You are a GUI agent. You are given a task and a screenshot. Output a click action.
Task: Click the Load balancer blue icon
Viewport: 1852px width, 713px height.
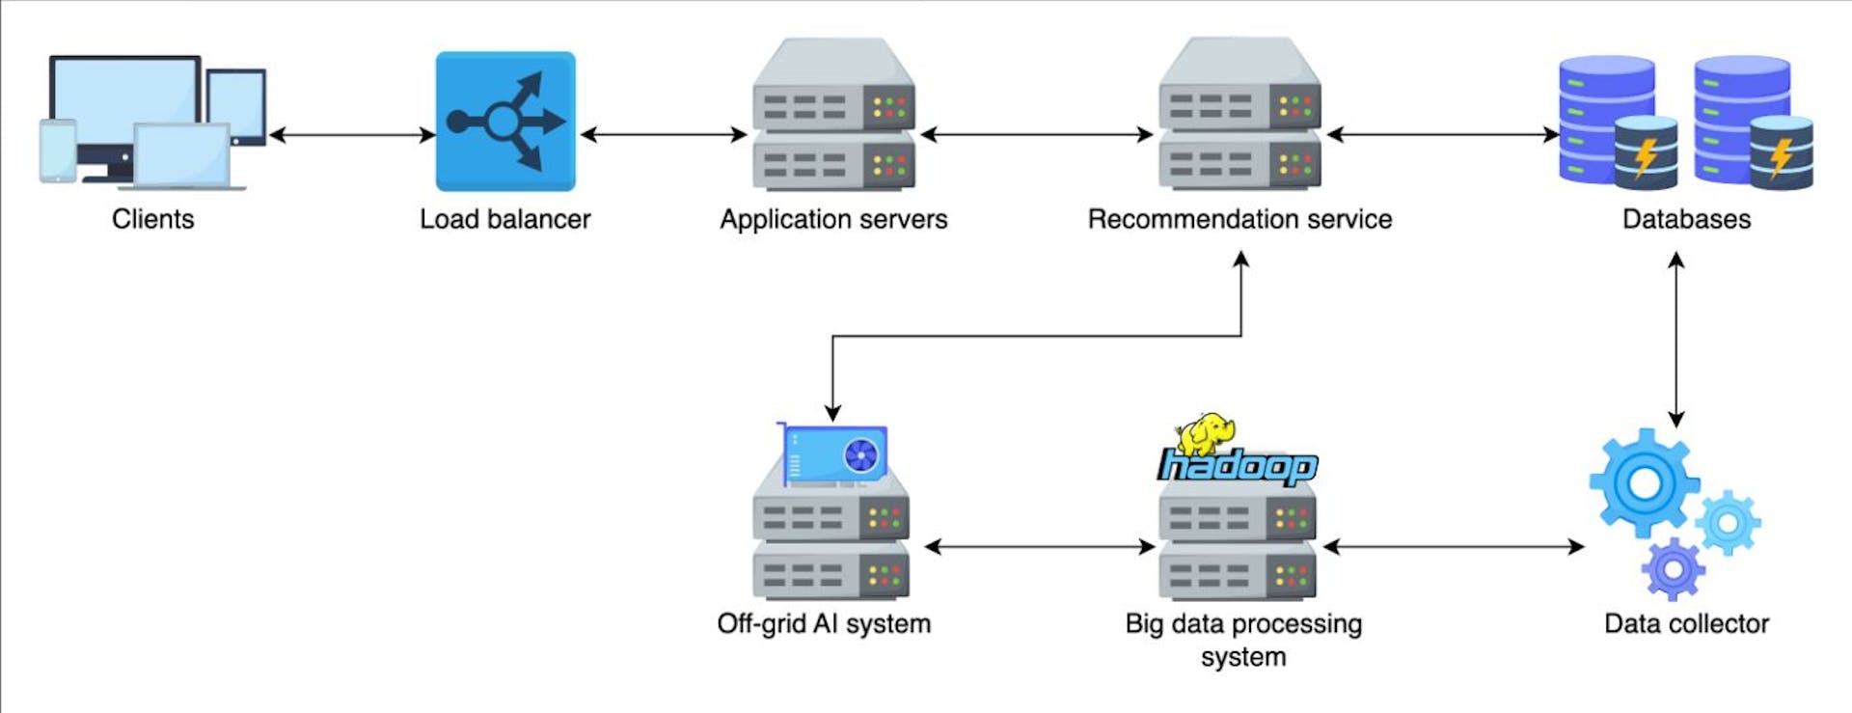[505, 122]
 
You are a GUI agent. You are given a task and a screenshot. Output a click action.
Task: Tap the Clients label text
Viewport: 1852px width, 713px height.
[152, 219]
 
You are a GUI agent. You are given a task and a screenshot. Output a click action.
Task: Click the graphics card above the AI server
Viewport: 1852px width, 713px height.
[834, 452]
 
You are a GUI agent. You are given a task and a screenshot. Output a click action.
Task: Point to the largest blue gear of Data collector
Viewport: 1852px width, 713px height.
[1644, 481]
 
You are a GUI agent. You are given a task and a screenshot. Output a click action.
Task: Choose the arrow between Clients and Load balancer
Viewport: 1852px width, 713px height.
[352, 134]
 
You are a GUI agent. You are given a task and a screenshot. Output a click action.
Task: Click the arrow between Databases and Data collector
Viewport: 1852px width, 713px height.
[1676, 339]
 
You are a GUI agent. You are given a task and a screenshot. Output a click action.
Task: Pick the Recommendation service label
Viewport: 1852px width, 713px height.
[1239, 219]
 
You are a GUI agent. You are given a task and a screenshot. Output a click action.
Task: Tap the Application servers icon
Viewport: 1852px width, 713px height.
[833, 115]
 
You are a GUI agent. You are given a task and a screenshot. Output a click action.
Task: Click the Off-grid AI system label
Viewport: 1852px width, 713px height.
[824, 623]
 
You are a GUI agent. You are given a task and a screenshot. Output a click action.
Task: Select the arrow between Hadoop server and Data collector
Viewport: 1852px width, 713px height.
[1454, 547]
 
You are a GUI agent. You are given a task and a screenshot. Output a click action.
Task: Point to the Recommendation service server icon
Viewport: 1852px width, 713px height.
[1239, 115]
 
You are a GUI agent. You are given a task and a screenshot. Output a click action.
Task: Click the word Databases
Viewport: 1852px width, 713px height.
[1686, 219]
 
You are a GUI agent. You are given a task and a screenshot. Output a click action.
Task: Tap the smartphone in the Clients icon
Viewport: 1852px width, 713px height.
[58, 151]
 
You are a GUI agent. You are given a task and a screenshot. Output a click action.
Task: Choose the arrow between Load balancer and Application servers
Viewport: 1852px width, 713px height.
[664, 134]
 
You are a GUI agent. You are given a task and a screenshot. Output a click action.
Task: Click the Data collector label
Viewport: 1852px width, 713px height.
[1686, 623]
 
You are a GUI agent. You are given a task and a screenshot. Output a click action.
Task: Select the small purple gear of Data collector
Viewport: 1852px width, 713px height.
[1674, 569]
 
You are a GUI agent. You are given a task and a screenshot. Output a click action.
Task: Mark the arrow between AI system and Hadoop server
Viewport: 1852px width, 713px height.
[1040, 547]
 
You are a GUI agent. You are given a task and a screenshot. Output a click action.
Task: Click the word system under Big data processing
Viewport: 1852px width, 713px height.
[1243, 657]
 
